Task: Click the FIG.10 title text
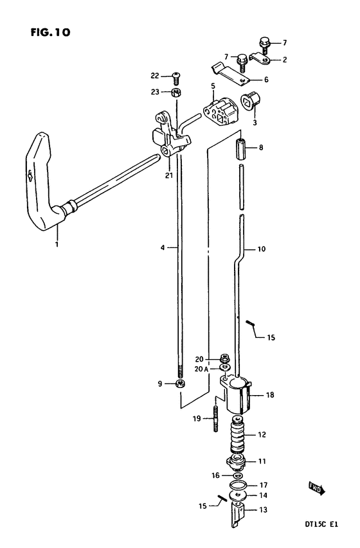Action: [50, 33]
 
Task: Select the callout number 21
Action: [169, 176]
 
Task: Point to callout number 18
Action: [270, 395]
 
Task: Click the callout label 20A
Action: [201, 369]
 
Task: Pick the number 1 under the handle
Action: [57, 244]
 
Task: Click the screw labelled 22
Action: [176, 78]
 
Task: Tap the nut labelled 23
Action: [175, 93]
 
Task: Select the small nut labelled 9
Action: [180, 384]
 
